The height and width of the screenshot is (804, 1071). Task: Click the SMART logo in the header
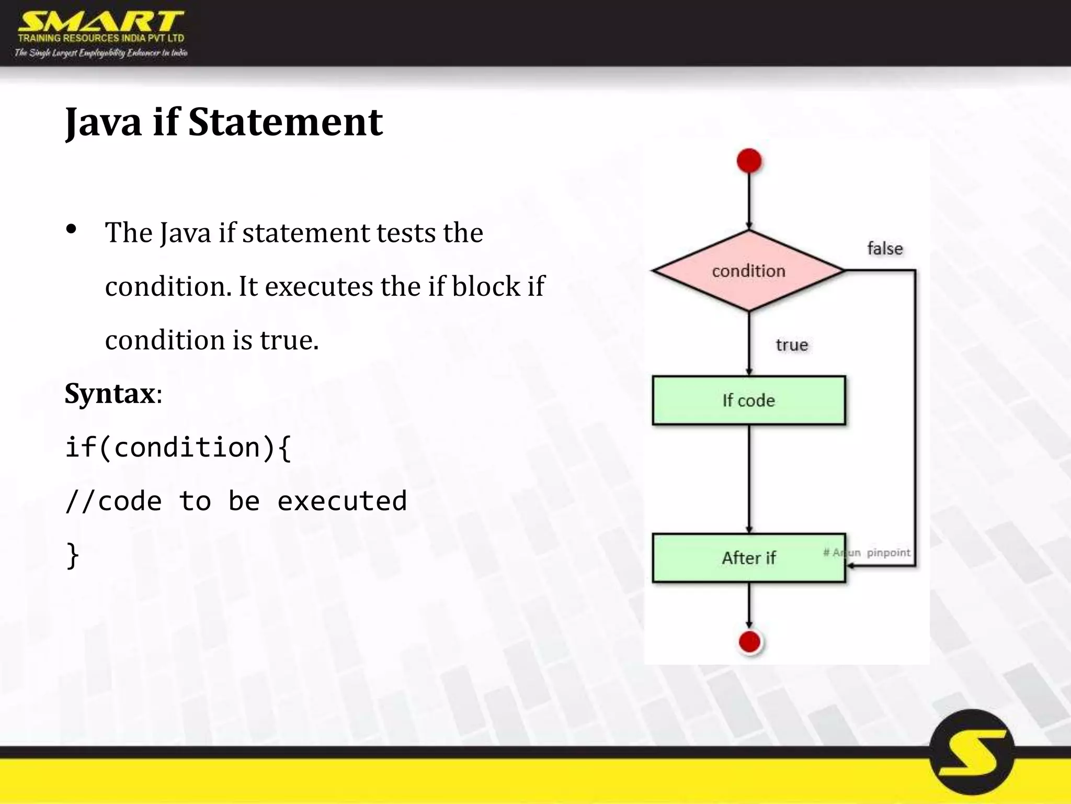[100, 22]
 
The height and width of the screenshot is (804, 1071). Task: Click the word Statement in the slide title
[285, 122]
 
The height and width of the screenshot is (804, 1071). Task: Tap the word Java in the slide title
[103, 122]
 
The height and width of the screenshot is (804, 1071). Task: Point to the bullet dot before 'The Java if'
[72, 229]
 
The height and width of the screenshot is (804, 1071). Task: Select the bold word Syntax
[110, 393]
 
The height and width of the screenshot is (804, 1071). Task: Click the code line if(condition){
[178, 448]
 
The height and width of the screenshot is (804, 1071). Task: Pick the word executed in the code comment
[342, 501]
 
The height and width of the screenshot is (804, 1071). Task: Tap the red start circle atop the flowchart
[749, 161]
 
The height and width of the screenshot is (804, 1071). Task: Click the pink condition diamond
[748, 271]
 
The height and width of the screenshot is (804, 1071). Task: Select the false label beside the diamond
[885, 248]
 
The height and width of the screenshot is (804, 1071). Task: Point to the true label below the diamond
[792, 345]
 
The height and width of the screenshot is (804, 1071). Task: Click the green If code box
[748, 400]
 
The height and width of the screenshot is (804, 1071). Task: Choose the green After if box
[748, 558]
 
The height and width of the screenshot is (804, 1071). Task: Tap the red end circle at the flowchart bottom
[749, 642]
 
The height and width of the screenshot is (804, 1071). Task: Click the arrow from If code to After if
[749, 479]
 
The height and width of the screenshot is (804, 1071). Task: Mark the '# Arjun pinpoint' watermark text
[867, 552]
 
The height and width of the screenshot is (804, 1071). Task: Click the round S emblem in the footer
[972, 752]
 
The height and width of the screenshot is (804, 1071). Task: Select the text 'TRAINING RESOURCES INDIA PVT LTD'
[101, 38]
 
